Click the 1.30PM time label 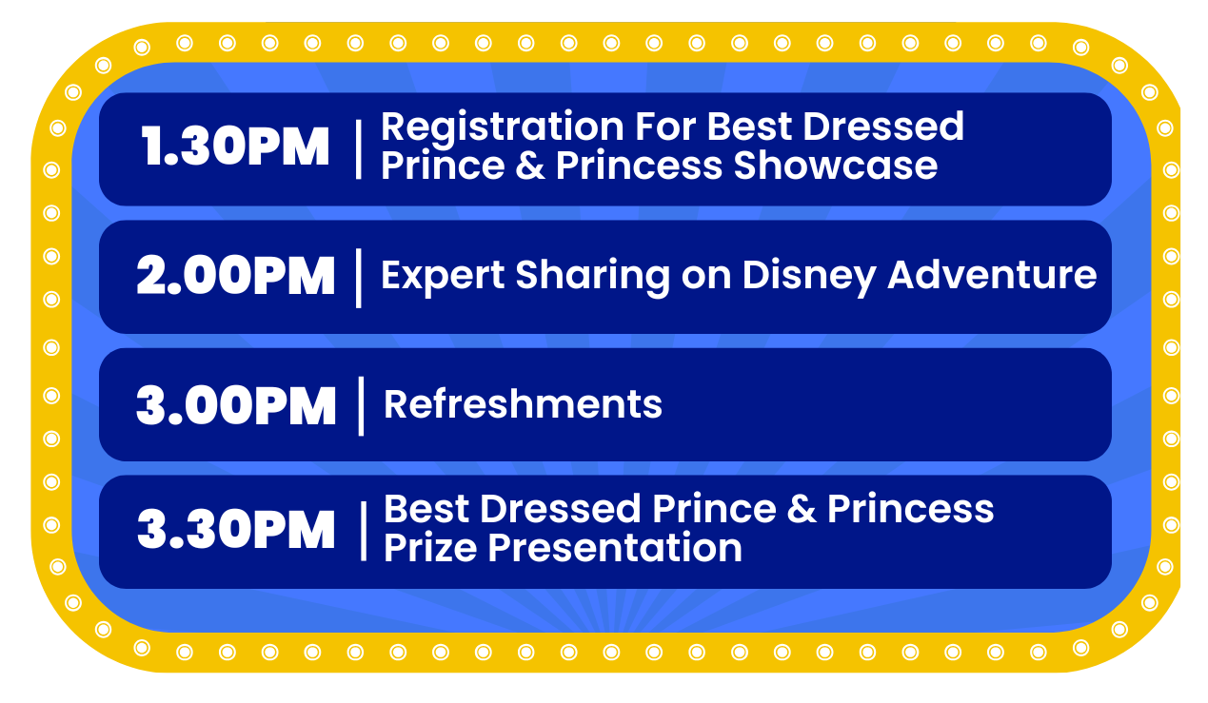click(x=235, y=146)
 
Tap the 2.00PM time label click(x=235, y=276)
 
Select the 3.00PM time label click(x=236, y=405)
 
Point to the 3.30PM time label click(x=236, y=530)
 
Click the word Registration click(x=503, y=128)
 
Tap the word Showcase click(x=836, y=166)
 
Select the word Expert click(x=443, y=277)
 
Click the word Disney click(x=809, y=277)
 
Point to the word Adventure click(x=992, y=276)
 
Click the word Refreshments click(x=523, y=404)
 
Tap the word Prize click(x=430, y=549)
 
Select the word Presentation click(x=615, y=548)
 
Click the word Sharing click(x=592, y=277)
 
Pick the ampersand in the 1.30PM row click(x=530, y=166)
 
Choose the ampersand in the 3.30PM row click(x=802, y=510)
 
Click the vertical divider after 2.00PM click(x=359, y=278)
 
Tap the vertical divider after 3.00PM click(x=361, y=406)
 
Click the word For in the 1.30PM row click(x=665, y=127)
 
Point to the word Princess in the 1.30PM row click(x=639, y=166)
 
